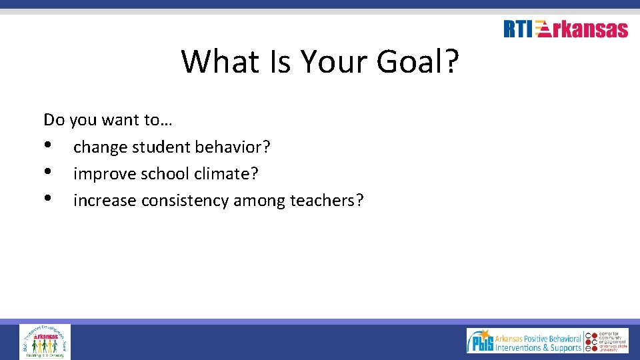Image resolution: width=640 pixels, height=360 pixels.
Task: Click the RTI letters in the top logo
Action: pyautogui.click(x=518, y=29)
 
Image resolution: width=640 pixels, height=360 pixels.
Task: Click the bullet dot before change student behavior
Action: pyautogui.click(x=48, y=145)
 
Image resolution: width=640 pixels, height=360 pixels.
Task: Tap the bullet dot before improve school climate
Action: pyautogui.click(x=48, y=173)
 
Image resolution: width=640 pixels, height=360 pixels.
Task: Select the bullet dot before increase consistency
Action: pyautogui.click(x=48, y=199)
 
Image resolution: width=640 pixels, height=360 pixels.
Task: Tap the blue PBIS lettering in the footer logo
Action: pyautogui.click(x=480, y=343)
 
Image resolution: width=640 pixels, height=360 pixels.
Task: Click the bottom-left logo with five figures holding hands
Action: pyautogui.click(x=45, y=341)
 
